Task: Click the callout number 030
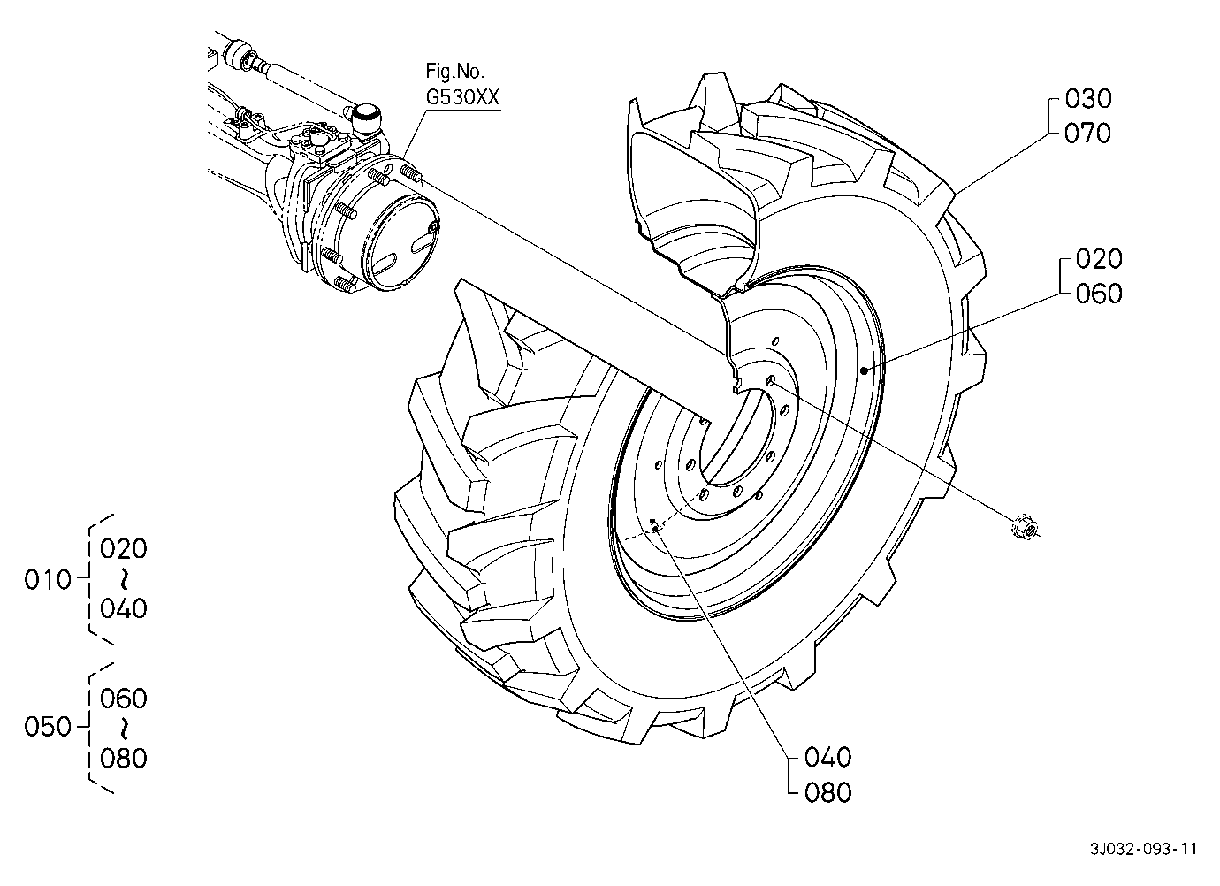tap(1088, 99)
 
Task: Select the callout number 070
tap(1088, 134)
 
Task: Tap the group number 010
tap(48, 580)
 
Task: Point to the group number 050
tap(48, 727)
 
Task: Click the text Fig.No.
tap(454, 71)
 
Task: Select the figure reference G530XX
tap(462, 97)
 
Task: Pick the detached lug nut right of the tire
tap(1025, 528)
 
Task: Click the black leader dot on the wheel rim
tap(864, 370)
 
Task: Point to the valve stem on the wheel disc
tap(655, 528)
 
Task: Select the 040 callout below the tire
tap(827, 758)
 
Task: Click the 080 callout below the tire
tap(827, 793)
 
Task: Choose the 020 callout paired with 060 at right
tap(1099, 259)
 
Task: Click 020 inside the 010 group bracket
tap(124, 549)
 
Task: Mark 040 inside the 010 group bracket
tap(124, 608)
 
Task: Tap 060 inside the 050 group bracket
tap(124, 699)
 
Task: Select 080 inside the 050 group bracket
tap(124, 759)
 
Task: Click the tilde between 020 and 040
tap(124, 578)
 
